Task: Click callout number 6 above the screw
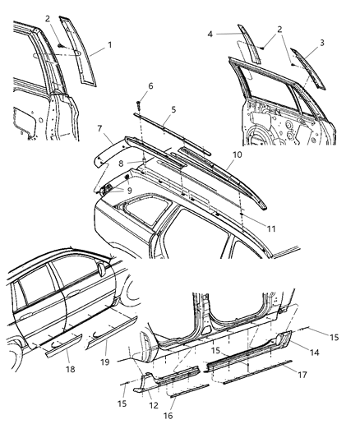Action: [x=150, y=85]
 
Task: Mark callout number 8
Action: [x=120, y=165]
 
